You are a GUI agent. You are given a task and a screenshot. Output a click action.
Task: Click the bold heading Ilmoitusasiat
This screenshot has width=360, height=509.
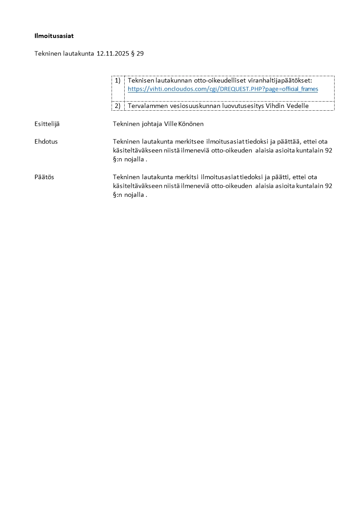tap(54, 35)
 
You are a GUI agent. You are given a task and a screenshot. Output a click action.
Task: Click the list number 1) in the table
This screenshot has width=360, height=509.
tap(117, 80)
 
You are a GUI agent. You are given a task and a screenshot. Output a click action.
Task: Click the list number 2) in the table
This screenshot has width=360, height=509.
tap(117, 106)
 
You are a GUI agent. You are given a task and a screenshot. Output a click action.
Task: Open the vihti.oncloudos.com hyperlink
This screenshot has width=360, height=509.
tap(223, 89)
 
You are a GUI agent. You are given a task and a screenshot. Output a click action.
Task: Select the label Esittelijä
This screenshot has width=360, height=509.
tap(47, 123)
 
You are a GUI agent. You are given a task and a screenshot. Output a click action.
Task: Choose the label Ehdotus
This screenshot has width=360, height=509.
tap(46, 142)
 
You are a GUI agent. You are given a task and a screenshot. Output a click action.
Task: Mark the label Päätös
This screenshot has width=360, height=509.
tap(44, 177)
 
